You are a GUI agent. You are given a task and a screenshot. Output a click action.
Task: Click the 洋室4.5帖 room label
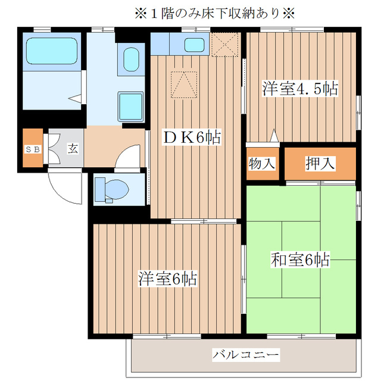point(301,89)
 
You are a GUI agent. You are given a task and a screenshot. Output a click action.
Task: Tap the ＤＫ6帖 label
point(192,138)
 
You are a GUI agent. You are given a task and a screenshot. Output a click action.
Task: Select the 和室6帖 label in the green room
point(301,260)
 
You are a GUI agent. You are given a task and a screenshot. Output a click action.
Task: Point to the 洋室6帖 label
point(168,278)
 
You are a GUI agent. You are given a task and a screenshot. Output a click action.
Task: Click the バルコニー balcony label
point(245,355)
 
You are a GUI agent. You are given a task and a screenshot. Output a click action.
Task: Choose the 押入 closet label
point(320,163)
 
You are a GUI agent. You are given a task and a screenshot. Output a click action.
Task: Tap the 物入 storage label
point(262,163)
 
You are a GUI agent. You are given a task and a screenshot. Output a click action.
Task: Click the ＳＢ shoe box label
point(32,149)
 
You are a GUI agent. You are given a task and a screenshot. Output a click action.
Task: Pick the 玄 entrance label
point(72,149)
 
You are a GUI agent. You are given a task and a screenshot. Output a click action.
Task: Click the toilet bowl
point(115,190)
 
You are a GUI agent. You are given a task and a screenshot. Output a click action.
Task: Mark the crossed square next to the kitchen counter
point(225,45)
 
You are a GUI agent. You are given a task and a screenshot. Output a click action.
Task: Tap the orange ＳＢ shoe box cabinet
point(32,149)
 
